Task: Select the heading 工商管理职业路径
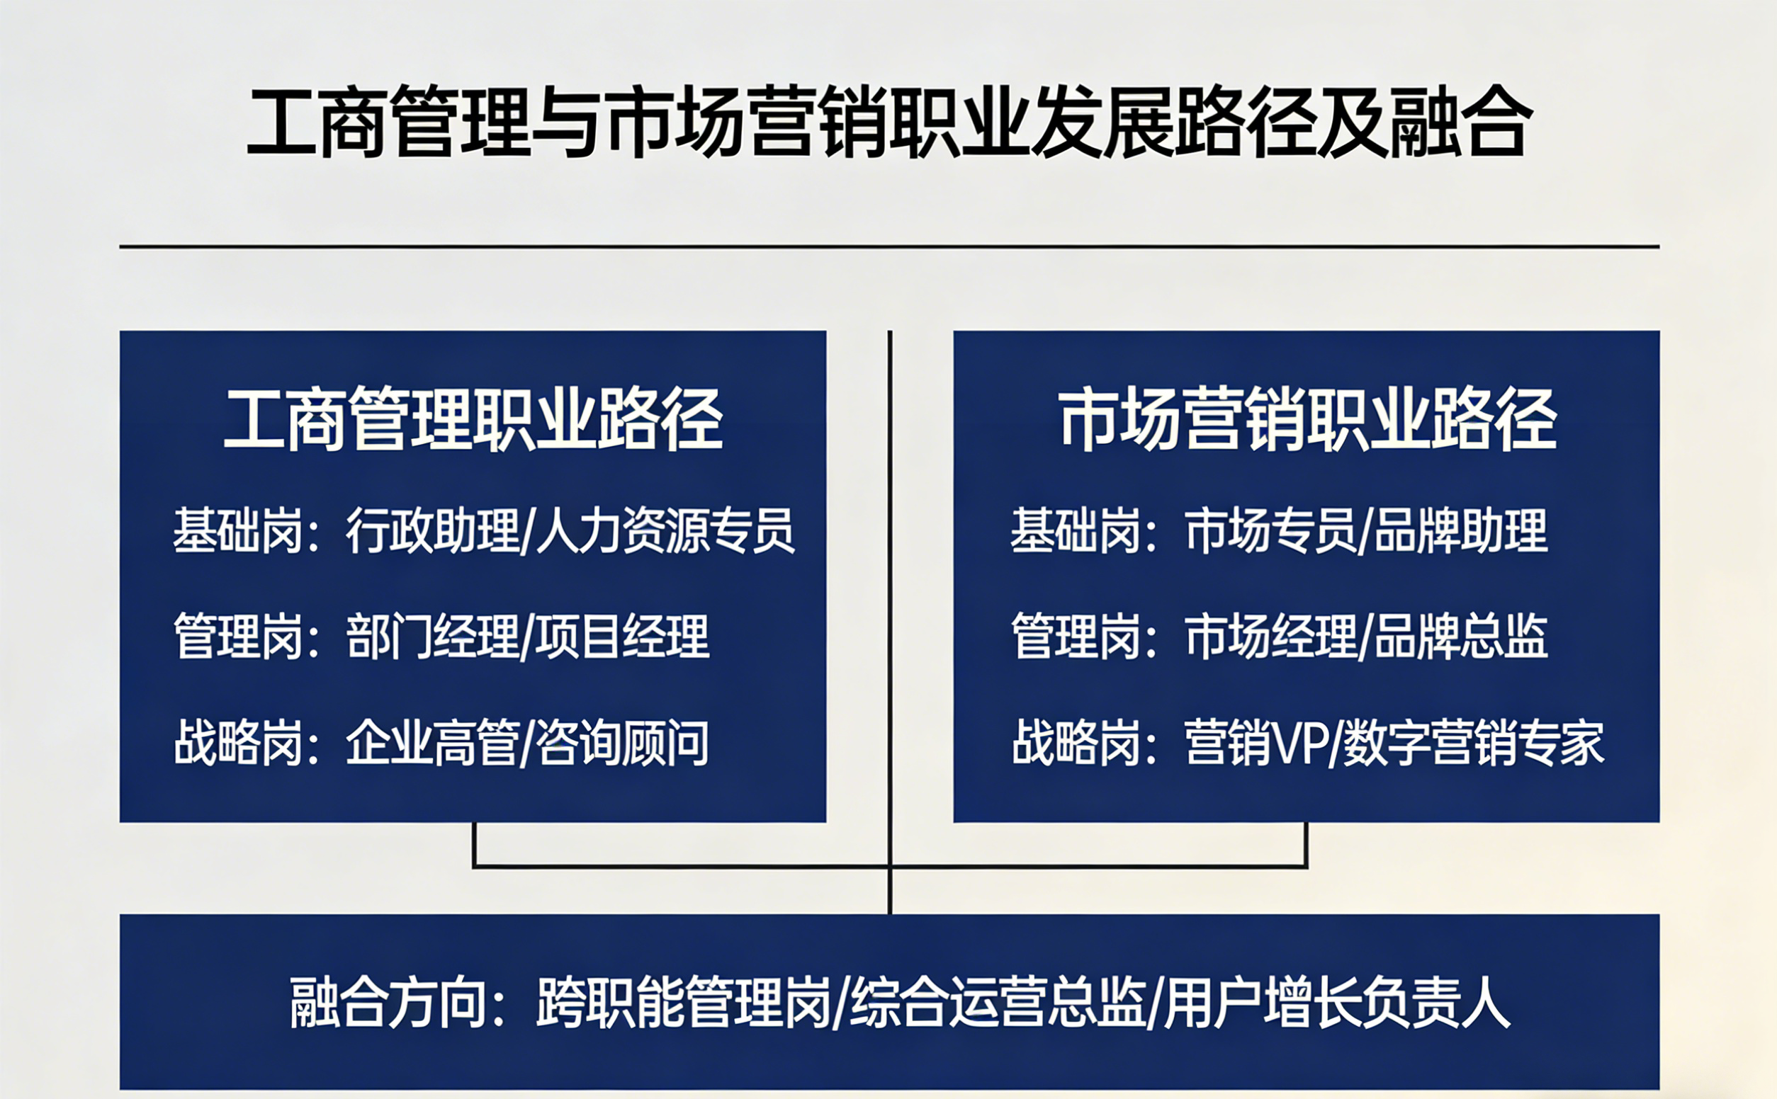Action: [x=473, y=419]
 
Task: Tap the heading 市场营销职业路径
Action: [x=1307, y=419]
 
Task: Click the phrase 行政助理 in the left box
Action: [x=432, y=531]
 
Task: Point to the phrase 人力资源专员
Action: [x=665, y=531]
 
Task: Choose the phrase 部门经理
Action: [x=432, y=637]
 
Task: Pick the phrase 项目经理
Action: [x=622, y=637]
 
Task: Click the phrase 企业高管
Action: [x=432, y=743]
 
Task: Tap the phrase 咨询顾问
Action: [x=622, y=743]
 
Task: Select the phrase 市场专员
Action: [x=1270, y=531]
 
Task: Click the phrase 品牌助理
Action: [x=1461, y=531]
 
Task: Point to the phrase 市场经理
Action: [x=1270, y=637]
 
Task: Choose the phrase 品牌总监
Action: [x=1461, y=637]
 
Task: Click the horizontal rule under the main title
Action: [x=889, y=246]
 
